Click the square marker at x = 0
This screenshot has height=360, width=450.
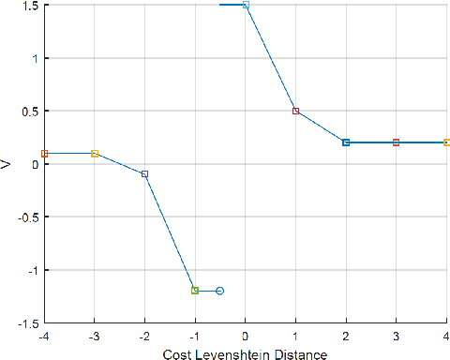(x=246, y=6)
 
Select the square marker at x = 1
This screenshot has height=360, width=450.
(x=295, y=111)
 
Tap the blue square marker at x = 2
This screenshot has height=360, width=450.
(x=346, y=142)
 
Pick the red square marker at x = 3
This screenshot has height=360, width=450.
(x=396, y=142)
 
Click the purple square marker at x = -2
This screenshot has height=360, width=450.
(x=144, y=174)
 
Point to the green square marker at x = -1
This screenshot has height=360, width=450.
(x=195, y=291)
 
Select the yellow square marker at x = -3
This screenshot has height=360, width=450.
(x=95, y=153)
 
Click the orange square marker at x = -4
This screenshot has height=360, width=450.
(x=44, y=153)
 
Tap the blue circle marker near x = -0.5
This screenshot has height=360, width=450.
(x=220, y=291)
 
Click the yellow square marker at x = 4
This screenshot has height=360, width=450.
(x=446, y=142)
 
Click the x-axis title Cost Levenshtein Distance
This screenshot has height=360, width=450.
(x=245, y=353)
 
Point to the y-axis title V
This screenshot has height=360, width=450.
(x=7, y=164)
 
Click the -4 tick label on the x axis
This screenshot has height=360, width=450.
(x=43, y=336)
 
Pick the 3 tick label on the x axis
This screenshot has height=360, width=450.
(x=396, y=336)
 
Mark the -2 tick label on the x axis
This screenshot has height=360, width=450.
(x=143, y=336)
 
